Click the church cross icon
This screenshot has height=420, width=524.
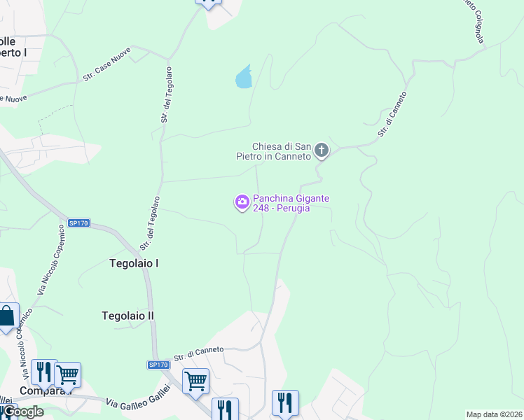322,149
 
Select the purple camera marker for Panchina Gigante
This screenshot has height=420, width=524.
242,202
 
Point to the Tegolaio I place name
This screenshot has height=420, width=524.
135,263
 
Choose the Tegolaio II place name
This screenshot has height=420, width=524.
127,316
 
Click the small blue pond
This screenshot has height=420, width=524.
243,76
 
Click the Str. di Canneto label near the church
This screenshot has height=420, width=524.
392,114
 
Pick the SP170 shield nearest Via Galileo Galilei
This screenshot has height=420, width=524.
158,365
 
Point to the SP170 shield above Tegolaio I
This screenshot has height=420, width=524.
78,223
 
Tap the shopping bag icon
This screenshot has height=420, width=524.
7,316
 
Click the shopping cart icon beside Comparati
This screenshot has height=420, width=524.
67,374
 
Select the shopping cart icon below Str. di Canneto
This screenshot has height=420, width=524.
195,381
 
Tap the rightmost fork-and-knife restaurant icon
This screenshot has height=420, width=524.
285,402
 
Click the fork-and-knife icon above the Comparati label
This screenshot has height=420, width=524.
43,372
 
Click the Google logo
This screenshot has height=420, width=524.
22,412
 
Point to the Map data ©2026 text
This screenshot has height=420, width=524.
494,414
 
